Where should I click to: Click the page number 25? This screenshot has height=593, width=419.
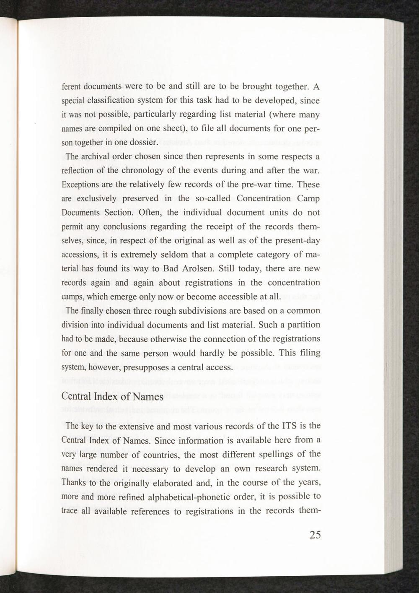(x=315, y=535)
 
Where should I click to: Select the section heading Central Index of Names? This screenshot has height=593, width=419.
(x=112, y=396)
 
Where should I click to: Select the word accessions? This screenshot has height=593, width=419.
(x=80, y=255)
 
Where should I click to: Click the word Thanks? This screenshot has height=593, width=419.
(x=74, y=483)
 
